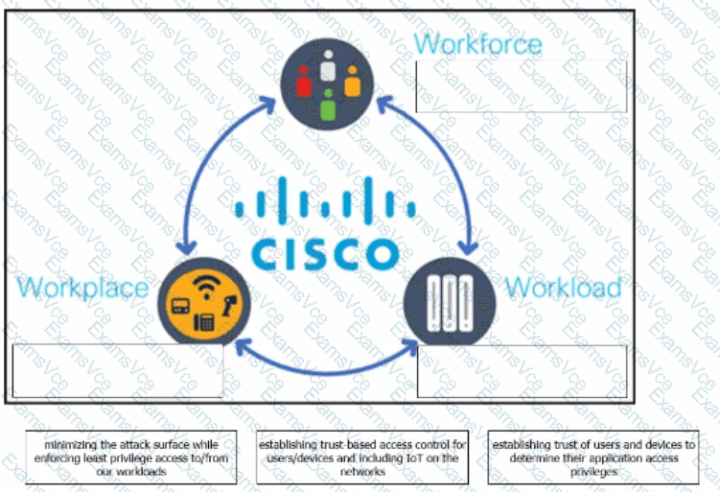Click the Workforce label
477,43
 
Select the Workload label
563,287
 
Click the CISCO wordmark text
325,251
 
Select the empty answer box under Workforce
521,87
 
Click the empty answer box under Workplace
117,370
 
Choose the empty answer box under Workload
523,370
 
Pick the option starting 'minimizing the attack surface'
131,458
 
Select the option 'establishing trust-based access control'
362,458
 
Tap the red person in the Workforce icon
305,86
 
